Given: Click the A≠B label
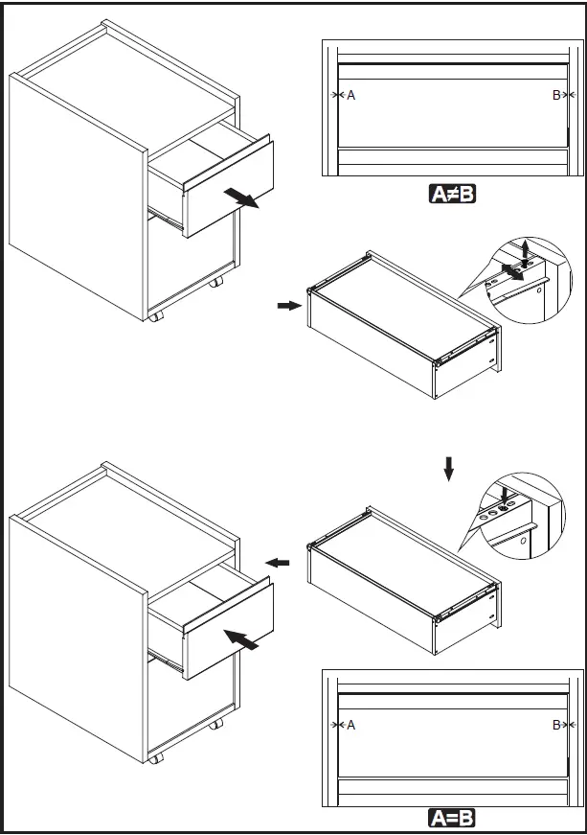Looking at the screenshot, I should pos(453,195).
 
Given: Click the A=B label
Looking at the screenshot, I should pos(453,818).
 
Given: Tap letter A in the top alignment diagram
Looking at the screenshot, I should pos(350,95).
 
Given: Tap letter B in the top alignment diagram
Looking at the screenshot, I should pos(556,95).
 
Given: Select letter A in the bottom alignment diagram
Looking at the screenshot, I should pos(350,725).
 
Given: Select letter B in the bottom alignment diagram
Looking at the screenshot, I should pos(556,725).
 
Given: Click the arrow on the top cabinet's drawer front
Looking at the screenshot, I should pos(240,197).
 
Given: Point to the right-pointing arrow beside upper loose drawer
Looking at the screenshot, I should pos(287,306).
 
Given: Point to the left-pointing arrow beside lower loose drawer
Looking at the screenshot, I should pos(277,563).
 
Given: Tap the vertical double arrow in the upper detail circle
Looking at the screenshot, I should pos(524,253).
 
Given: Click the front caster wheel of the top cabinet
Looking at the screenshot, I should pos(154,316).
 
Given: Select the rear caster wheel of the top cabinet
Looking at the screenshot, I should pos(217,283).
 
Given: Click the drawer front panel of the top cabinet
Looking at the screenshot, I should pos(228,188).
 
